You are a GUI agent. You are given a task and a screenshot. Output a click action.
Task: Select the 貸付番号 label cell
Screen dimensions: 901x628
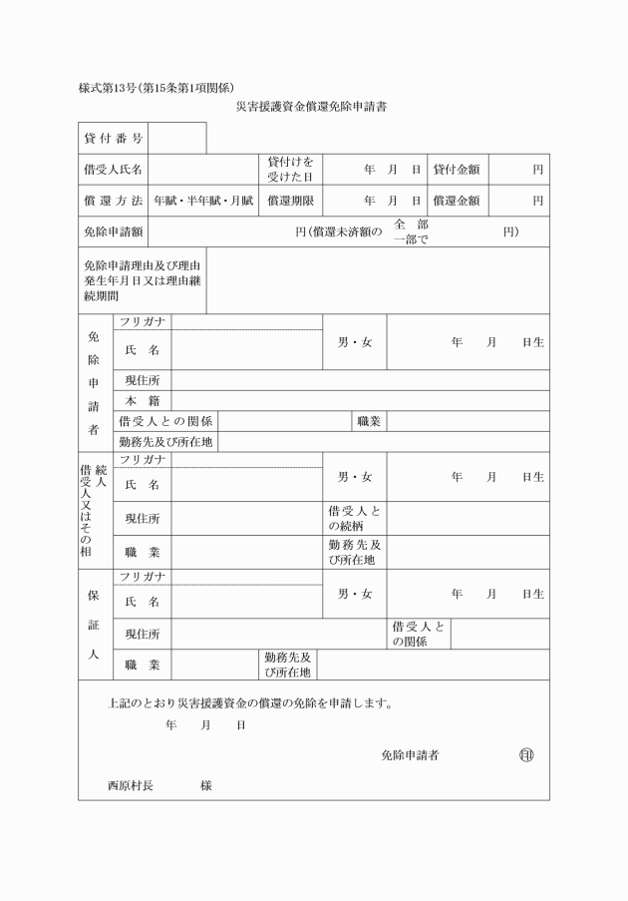(114, 138)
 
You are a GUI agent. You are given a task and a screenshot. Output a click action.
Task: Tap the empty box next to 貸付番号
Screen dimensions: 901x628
(177, 138)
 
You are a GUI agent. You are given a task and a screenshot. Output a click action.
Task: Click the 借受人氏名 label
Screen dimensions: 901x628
(114, 170)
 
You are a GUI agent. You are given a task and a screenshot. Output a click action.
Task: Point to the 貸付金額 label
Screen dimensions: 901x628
(457, 170)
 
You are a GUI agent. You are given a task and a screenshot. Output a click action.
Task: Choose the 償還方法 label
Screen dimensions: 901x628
(114, 201)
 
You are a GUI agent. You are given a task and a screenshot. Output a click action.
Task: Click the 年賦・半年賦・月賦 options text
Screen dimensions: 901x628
(204, 201)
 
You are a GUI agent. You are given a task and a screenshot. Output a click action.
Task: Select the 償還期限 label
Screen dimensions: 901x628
(291, 201)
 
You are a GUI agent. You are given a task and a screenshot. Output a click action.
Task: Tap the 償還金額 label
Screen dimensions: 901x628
(457, 201)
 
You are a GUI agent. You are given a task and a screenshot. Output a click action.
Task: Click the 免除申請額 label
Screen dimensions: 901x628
(114, 231)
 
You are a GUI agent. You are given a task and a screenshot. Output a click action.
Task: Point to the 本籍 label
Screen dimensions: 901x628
(143, 400)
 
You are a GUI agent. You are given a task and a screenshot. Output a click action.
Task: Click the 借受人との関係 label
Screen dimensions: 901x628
(165, 421)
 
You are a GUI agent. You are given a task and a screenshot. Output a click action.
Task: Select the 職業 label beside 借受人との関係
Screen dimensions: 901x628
(369, 421)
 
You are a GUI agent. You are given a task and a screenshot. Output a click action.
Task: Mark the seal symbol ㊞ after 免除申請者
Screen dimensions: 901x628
(525, 755)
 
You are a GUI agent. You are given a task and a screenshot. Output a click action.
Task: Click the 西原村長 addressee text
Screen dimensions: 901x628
(131, 785)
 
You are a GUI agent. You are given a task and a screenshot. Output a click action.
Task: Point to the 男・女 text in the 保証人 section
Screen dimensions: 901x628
(355, 594)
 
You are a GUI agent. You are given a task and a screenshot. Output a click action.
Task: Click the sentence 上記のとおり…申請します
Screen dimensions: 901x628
(250, 702)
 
